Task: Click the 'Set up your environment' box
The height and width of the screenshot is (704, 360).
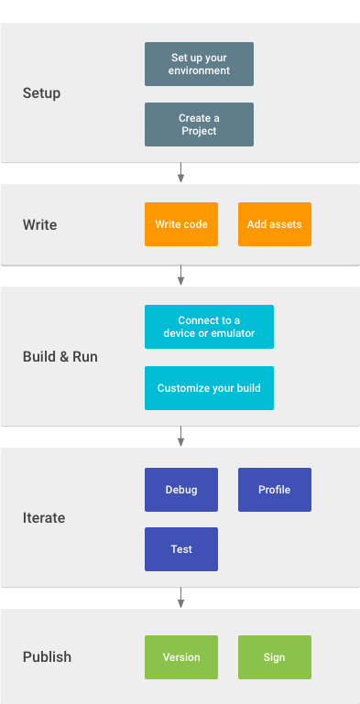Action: tap(199, 64)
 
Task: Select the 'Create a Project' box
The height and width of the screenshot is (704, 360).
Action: tap(199, 125)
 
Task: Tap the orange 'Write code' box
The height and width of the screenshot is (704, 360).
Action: tap(181, 224)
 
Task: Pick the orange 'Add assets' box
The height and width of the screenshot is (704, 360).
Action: tap(275, 224)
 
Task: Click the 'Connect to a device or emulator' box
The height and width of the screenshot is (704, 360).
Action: tap(209, 327)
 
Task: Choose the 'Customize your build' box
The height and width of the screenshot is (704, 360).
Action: tap(209, 388)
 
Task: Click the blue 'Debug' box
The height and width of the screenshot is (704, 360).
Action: tap(181, 490)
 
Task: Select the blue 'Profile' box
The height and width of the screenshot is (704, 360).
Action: tap(275, 490)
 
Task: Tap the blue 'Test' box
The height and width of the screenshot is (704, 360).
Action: tap(181, 549)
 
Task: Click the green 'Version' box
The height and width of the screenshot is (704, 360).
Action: tap(181, 657)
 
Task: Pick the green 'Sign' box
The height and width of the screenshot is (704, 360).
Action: tap(275, 657)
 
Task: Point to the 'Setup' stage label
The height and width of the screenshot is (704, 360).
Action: tap(42, 93)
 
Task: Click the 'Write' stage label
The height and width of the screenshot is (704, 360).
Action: tap(39, 224)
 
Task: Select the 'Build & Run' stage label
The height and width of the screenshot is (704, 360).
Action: tap(60, 357)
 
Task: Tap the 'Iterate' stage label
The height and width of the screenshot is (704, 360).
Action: tap(44, 518)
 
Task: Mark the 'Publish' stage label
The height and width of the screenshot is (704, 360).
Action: tap(47, 657)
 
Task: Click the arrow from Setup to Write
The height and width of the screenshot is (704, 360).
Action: tap(181, 173)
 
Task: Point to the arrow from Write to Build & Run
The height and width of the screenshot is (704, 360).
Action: tap(181, 276)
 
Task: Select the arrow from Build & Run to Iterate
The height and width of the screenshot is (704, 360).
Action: tap(181, 437)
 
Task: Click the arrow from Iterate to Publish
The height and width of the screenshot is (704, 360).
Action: tap(181, 598)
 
